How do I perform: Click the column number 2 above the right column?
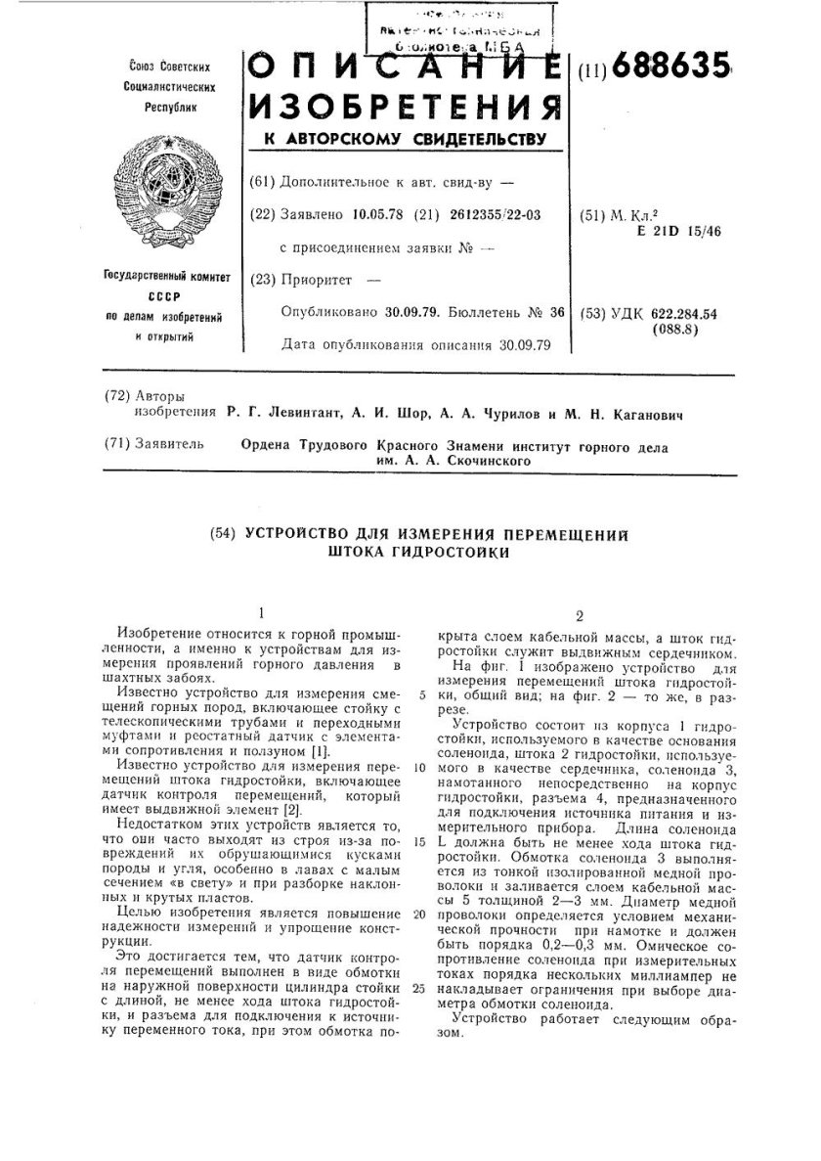tap(580, 617)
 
